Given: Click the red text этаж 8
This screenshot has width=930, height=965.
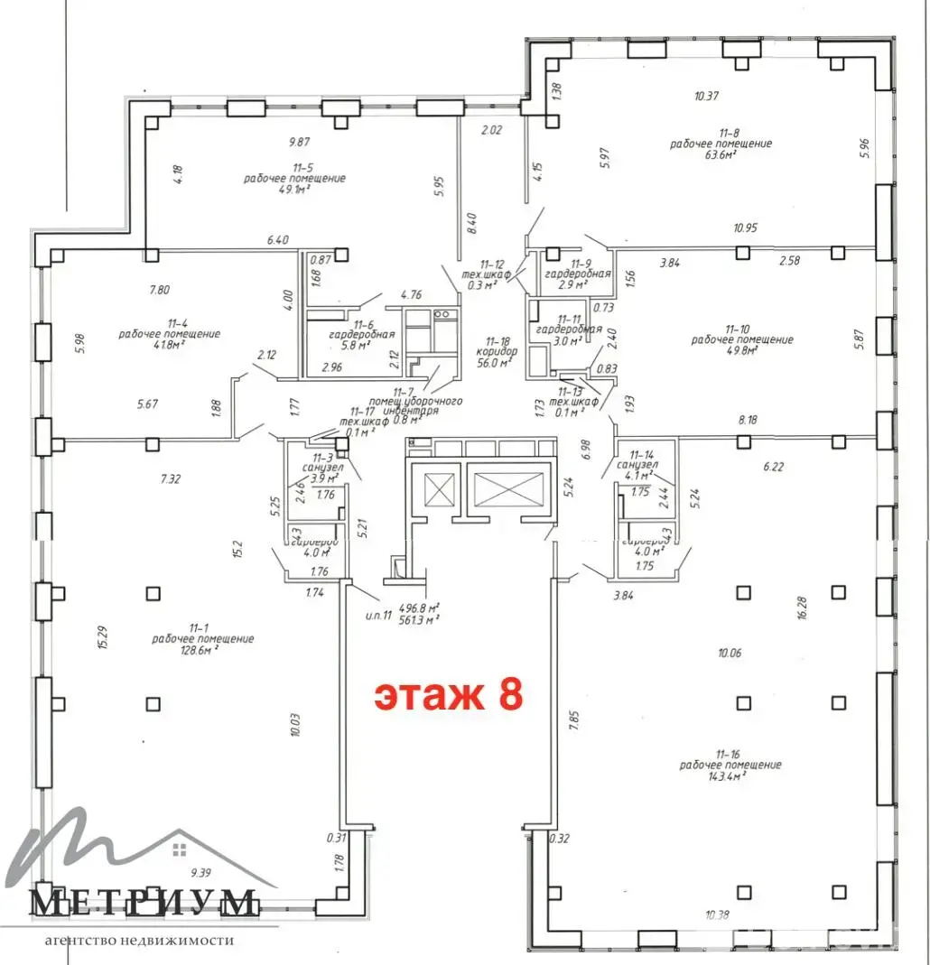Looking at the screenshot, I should click(449, 696).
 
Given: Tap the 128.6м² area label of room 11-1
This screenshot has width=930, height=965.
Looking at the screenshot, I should click(203, 650).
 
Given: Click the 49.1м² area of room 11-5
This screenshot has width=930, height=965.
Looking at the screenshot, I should click(294, 190).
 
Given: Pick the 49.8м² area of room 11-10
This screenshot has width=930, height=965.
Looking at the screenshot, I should click(742, 351).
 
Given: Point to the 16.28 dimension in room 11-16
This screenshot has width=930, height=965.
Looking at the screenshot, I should click(803, 606).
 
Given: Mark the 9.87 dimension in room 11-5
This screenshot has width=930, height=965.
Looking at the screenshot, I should click(299, 142).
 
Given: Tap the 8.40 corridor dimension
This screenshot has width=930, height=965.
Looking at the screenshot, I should click(470, 222).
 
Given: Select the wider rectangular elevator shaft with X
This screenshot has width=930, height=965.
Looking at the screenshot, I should click(507, 490).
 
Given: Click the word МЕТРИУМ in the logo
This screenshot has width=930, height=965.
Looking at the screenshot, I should click(144, 902).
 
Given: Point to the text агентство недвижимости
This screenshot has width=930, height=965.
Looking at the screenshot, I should click(139, 940).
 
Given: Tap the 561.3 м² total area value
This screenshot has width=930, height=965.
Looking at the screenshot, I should click(420, 619).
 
